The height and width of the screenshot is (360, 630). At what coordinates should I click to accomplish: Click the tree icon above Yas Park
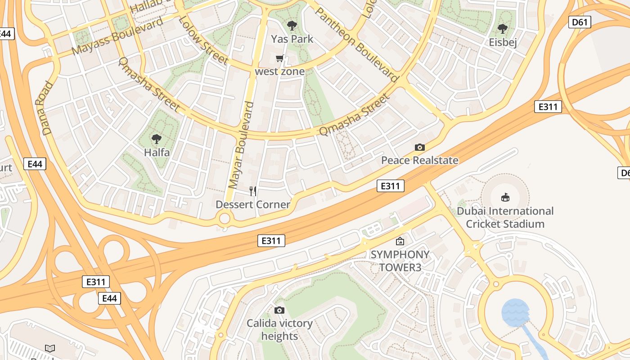coord(292,26)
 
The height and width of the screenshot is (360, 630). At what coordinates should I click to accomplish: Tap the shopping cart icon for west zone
coord(280,58)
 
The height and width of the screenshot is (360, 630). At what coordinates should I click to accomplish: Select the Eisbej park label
coord(503,42)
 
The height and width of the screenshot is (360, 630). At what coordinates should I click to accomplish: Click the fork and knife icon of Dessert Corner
coord(253,191)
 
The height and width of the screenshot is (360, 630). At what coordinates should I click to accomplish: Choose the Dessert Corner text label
coord(253,205)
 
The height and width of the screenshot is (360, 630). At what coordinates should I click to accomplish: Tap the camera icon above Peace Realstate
coord(420,147)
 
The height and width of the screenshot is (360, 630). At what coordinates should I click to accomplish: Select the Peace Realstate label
coord(420,160)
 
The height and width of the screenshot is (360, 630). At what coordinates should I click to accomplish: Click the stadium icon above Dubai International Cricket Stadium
coord(505,197)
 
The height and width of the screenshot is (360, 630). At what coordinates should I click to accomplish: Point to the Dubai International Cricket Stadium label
coord(505,217)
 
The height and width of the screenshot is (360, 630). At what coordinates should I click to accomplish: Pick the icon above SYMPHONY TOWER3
coord(400,241)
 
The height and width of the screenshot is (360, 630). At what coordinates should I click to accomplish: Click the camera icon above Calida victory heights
coord(279,310)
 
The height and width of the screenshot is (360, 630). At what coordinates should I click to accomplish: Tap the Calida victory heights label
coord(279,330)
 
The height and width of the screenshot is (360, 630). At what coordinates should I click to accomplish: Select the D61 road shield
coord(579,22)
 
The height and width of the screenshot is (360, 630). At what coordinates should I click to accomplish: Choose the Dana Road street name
coord(47,108)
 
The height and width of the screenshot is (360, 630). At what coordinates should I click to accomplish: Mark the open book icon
coord(50,348)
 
